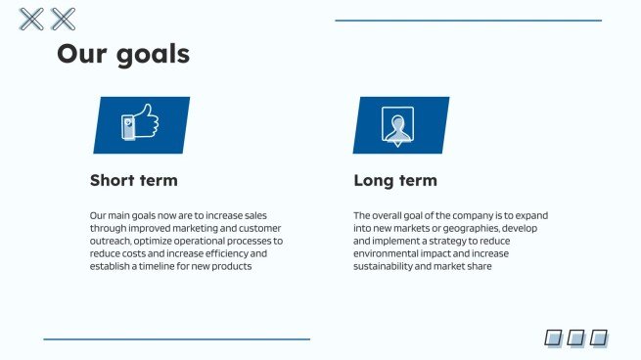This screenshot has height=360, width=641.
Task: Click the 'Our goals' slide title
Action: (123, 53)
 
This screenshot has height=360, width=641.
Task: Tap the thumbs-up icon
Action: (140, 125)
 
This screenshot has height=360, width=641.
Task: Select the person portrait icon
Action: (397, 126)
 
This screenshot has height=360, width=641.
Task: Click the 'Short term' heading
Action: (134, 181)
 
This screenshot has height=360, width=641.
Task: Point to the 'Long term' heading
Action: (395, 181)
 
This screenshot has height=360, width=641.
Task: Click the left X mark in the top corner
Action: (32, 19)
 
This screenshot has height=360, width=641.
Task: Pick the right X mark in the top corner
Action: (63, 19)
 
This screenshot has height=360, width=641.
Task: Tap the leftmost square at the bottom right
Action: (554, 337)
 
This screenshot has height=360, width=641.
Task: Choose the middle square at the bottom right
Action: (576, 337)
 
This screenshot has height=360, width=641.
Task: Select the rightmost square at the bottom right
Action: (599, 337)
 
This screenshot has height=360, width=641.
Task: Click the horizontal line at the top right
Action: (468, 21)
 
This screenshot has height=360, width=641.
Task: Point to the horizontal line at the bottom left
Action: (176, 339)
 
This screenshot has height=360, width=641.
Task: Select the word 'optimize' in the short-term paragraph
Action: (153, 241)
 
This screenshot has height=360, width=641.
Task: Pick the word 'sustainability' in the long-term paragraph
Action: (386, 266)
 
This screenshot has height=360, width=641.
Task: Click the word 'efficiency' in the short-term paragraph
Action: (227, 253)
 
